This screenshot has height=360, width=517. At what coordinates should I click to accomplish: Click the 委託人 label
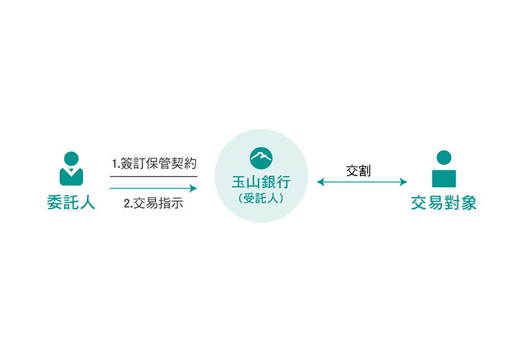point(71,202)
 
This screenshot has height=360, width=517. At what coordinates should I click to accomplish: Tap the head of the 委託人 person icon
point(71,159)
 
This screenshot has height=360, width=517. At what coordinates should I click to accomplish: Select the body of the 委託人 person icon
point(71,177)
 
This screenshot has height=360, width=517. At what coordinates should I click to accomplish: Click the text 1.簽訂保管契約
point(154,164)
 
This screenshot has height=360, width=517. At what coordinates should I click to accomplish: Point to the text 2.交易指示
point(153,203)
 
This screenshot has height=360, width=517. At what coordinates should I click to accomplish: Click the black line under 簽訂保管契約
point(154,177)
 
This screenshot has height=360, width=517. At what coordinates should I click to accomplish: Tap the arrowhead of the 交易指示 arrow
point(193,188)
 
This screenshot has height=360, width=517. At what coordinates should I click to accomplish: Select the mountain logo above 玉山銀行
point(261,158)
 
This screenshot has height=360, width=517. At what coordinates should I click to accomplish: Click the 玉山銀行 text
point(261,182)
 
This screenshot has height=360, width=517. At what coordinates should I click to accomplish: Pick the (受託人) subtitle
point(261,198)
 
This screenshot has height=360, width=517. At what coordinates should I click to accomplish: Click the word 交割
point(358,171)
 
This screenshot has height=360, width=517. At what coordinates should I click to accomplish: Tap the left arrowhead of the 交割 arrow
point(321,182)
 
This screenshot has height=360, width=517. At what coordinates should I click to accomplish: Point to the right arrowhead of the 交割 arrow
point(404,182)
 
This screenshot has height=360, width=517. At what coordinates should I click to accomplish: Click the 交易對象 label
point(444,202)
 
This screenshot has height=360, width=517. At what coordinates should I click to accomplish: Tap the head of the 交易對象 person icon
point(444,158)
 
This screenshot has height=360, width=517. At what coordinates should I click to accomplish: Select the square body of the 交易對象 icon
point(444,178)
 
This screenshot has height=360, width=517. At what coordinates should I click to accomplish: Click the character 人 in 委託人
point(87,202)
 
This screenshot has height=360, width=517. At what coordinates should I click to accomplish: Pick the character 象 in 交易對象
point(468,202)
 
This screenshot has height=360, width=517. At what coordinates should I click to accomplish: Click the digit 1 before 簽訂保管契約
point(114,164)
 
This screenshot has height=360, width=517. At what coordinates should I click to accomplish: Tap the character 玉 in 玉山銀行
point(239,182)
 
